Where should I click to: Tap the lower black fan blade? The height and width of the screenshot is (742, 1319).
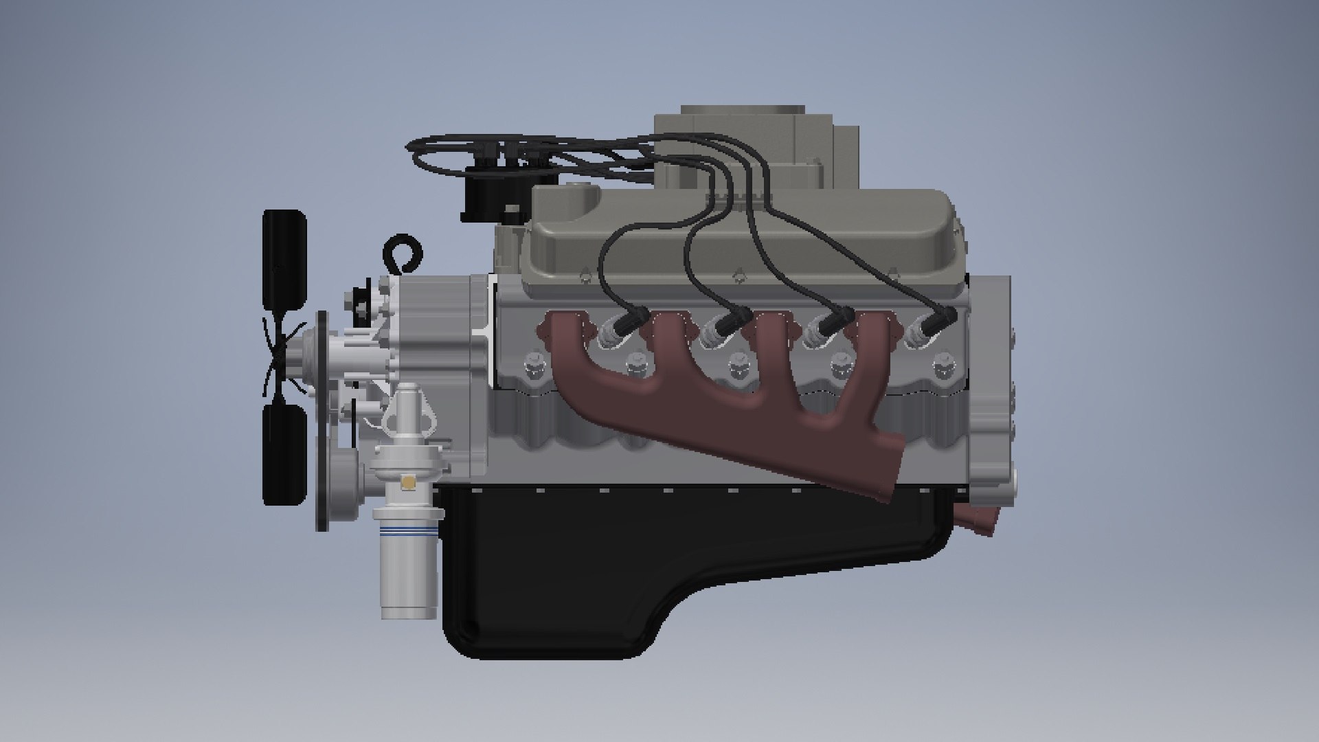[x=284, y=453]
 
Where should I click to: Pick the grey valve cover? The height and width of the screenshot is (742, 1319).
[x=742, y=234]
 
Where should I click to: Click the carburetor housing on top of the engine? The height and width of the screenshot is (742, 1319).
[x=756, y=148]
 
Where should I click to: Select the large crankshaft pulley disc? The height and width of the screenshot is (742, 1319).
[x=322, y=419]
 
